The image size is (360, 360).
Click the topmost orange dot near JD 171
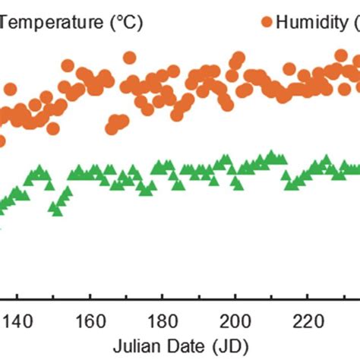130,57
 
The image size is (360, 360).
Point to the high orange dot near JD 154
68,66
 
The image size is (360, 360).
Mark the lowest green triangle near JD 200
236,185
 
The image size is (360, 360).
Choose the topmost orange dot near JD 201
238,58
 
